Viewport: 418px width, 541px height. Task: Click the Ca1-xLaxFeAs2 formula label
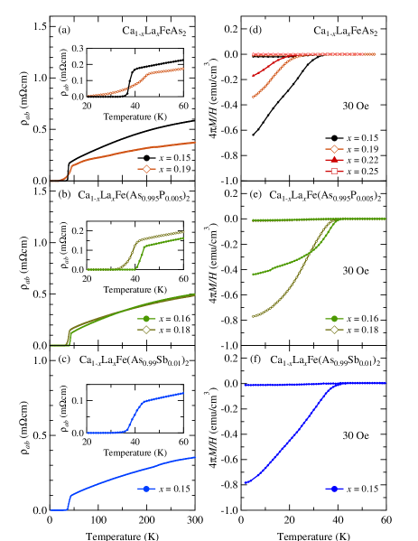[x=346, y=32]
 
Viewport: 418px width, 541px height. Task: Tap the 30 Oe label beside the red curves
[x=356, y=106]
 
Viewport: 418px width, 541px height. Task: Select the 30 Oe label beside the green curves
[x=356, y=270]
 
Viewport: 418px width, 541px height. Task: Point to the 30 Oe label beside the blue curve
[x=356, y=435]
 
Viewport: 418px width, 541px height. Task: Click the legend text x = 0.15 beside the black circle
[x=360, y=138]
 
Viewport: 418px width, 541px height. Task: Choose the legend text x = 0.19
[x=360, y=149]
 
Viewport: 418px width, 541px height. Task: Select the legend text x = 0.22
[x=360, y=160]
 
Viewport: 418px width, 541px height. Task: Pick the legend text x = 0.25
[x=360, y=171]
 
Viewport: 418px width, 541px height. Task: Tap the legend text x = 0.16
[x=360, y=319]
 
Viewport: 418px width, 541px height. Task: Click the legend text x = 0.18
[x=360, y=331]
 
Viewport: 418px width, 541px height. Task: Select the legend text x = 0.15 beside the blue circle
[x=360, y=489]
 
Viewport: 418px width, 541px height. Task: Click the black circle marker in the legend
[x=333, y=138]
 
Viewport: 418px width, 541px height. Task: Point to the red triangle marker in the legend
[x=333, y=160]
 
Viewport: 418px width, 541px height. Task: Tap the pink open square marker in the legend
[x=333, y=171]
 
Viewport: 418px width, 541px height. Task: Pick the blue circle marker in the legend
[x=333, y=489]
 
